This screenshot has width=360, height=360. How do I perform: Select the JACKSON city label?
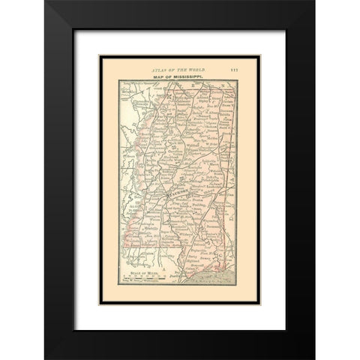[x=178, y=193]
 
